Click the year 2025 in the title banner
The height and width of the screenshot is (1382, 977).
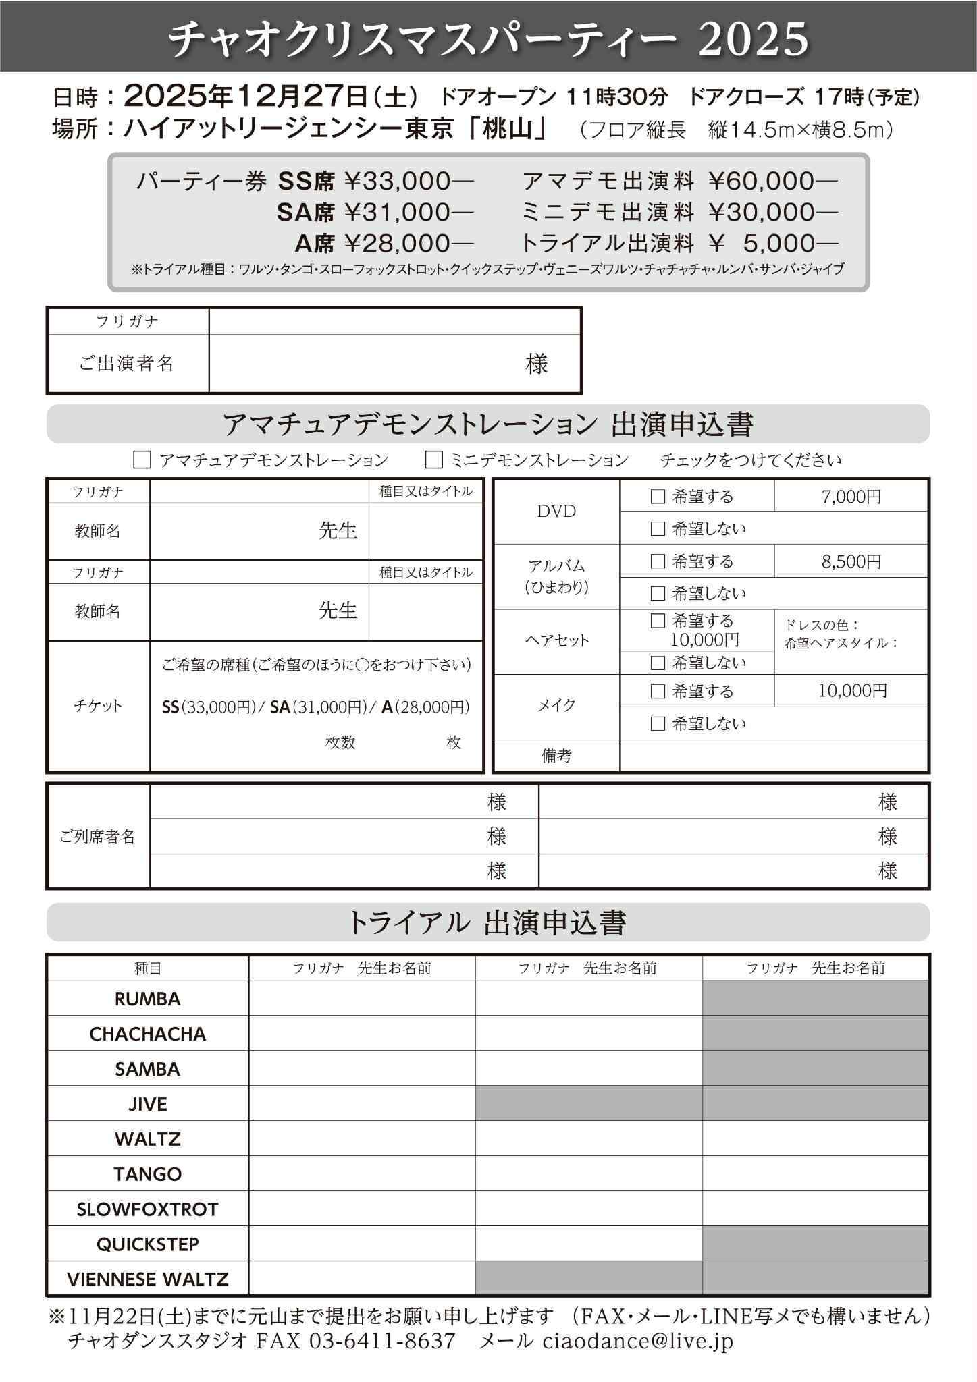tap(753, 38)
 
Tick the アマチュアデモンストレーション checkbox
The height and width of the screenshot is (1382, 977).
tap(142, 460)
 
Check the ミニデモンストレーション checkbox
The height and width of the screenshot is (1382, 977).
tap(434, 460)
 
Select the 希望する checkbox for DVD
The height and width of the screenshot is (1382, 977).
tap(658, 497)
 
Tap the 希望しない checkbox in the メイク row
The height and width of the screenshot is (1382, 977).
tap(658, 724)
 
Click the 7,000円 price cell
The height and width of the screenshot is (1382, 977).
tap(851, 497)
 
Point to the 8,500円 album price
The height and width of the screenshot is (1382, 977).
tap(851, 561)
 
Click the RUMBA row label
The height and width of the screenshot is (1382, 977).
tap(148, 999)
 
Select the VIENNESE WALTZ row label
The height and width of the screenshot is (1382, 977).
tap(148, 1279)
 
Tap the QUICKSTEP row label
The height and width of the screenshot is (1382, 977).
tap(148, 1244)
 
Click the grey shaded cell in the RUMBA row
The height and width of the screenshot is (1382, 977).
tap(815, 999)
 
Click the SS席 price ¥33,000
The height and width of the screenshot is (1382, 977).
tap(398, 182)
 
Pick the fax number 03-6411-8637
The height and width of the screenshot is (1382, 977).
tap(381, 1341)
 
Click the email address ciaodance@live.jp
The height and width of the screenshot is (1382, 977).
tap(637, 1341)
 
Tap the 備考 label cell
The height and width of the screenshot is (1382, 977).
tap(556, 756)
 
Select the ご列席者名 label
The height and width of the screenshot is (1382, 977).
tap(98, 837)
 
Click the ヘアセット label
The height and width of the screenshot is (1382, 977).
tap(556, 640)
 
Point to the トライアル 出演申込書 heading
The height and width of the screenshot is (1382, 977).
tap(487, 922)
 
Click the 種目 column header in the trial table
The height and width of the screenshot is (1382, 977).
tap(148, 968)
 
